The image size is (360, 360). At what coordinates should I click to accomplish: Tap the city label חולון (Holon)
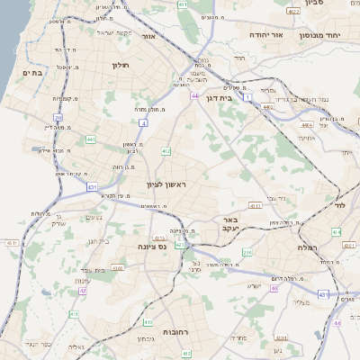tap(121, 65)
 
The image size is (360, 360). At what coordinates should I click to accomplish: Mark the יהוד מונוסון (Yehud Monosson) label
tap(338, 37)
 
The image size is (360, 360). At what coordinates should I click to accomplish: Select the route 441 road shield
tap(91, 139)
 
